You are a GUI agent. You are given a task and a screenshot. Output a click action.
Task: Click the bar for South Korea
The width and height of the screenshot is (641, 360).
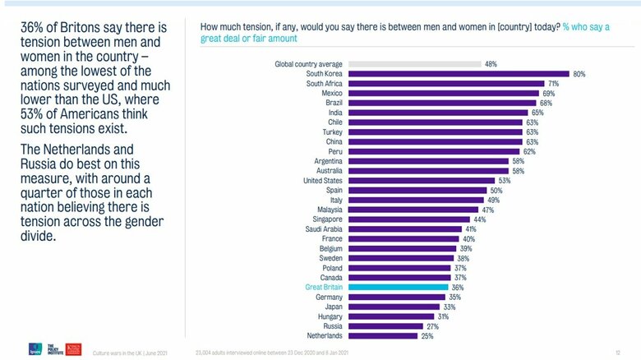click(x=459, y=74)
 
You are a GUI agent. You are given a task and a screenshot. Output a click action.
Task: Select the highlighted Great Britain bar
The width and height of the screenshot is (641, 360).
click(x=398, y=288)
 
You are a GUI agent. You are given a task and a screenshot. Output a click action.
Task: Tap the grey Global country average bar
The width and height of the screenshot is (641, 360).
click(x=414, y=64)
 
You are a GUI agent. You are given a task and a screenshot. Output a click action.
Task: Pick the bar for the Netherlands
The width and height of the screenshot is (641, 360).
click(x=383, y=336)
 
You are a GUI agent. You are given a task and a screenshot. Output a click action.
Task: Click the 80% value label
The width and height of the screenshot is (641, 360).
click(x=579, y=74)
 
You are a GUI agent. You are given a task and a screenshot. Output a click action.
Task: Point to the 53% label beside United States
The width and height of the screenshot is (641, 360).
click(x=505, y=181)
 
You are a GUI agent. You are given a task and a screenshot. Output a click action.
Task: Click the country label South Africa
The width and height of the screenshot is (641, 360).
click(x=325, y=84)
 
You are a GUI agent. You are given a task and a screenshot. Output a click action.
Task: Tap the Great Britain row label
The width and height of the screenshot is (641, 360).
click(x=323, y=288)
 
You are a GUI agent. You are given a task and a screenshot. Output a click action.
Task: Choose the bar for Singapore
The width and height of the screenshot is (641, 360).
click(x=409, y=219)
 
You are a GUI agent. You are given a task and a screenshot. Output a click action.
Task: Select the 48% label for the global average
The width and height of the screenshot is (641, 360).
click(x=491, y=64)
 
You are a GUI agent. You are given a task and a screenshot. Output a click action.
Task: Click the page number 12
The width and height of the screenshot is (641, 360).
click(x=618, y=351)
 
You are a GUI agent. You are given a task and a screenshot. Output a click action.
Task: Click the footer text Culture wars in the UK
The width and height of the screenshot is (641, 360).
click(x=127, y=351)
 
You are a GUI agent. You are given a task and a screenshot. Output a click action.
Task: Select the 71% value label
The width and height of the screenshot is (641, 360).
click(x=554, y=84)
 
